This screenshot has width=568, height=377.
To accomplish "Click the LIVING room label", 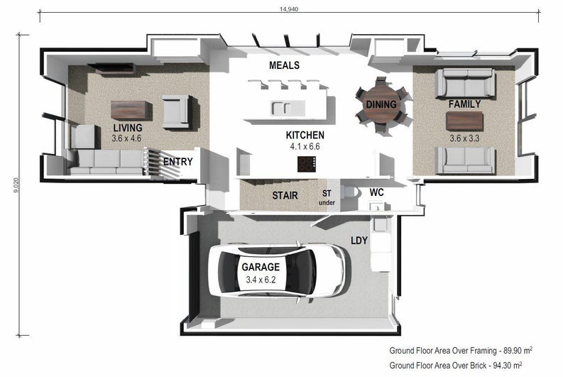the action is tap(128, 128).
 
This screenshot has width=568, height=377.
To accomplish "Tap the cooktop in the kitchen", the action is tap(307, 164).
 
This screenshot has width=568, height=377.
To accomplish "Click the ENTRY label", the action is tap(178, 161).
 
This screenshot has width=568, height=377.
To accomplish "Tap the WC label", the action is tap(376, 192).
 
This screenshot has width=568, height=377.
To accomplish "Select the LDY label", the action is tap(359, 241).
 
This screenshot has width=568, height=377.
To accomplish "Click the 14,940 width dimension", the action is tap(289, 9).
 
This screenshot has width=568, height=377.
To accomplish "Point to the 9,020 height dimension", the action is tap(16, 185).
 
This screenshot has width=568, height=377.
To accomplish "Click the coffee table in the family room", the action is tap(464, 121).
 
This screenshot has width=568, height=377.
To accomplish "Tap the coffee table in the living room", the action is tap(129, 110).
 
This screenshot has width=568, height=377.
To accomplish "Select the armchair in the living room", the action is tap(176, 111).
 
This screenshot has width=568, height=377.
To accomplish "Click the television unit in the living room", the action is tap(111, 69).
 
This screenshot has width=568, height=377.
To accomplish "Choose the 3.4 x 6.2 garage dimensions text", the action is tap(261, 280).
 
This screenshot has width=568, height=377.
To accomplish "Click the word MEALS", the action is tap(285, 65).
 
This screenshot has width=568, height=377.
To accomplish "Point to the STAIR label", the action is tap(285, 195).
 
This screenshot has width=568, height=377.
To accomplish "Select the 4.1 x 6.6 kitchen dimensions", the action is tap(305, 147).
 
